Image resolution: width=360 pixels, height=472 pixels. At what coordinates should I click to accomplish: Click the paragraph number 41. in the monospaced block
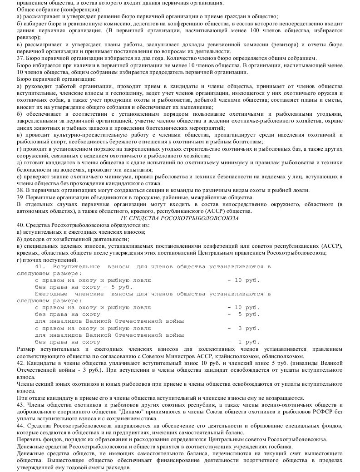(40, 266)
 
